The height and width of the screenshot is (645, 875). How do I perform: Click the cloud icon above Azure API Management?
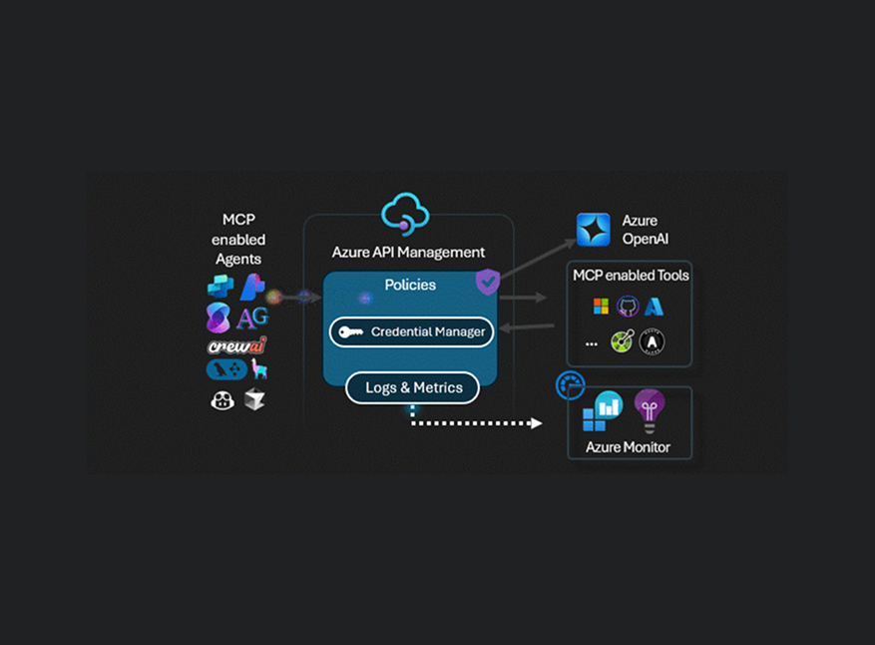coord(405,213)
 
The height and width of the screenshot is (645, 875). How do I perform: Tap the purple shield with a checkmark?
coord(487,282)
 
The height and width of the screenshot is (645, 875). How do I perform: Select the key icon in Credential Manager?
coord(350,332)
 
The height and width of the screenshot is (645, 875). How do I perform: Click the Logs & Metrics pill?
coord(412,387)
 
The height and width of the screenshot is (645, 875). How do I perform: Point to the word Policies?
coord(410,286)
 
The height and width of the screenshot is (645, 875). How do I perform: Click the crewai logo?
coord(236,345)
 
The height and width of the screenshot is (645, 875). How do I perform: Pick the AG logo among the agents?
coord(252,319)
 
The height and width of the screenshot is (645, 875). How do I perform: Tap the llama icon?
coord(259,369)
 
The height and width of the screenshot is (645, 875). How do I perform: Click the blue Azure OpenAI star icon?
coord(593,230)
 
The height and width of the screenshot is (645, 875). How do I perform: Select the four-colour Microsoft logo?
coord(601,307)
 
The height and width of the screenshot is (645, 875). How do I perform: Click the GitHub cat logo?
coord(628,307)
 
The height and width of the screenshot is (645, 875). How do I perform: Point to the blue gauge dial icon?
coord(570,384)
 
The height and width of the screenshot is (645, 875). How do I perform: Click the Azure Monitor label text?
coord(628,446)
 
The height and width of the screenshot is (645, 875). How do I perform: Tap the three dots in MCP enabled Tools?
coord(592,343)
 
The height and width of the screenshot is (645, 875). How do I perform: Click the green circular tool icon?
coord(624,342)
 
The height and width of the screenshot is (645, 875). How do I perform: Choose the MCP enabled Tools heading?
coord(631,276)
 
